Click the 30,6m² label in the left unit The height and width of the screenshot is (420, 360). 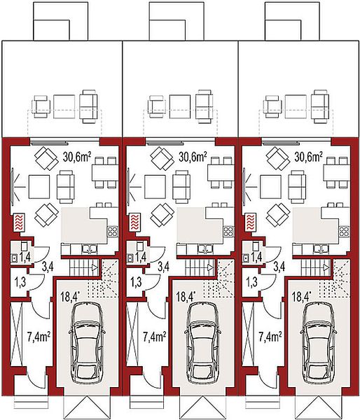pos(76,157)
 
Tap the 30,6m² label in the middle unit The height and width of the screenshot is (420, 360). pos(193,157)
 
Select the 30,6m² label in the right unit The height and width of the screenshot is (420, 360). pos(308,157)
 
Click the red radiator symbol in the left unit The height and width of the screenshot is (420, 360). pos(19,222)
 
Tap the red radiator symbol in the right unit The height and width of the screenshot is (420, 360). pos(250,222)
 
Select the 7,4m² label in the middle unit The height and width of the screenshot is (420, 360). pos(154,337)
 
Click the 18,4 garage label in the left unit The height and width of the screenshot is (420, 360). pos(69,297)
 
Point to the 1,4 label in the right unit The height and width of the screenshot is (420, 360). pos(256,257)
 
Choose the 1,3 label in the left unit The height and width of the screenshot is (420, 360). pos(20,282)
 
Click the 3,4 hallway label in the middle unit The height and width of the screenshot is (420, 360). pos(163,267)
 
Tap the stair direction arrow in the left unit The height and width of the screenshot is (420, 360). pos(95,267)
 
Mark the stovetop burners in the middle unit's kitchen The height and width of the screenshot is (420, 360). pos(228,230)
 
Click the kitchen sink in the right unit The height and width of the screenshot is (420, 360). pos(321,248)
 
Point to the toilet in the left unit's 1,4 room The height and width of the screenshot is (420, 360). pos(25,246)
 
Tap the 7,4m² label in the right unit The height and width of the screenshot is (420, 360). pos(270,337)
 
